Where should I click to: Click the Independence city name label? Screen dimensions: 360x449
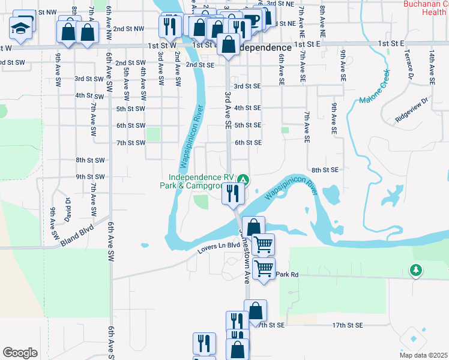[x=265, y=47]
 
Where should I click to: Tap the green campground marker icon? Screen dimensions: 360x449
[x=243, y=179]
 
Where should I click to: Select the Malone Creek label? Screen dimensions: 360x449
[x=375, y=89]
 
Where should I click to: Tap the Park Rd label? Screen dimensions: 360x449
[x=288, y=274]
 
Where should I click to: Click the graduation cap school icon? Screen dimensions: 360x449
[x=22, y=28]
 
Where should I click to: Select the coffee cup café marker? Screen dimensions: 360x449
[x=252, y=20]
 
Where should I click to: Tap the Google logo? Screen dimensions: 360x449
[x=20, y=352]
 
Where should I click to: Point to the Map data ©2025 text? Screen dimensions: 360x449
[x=423, y=355]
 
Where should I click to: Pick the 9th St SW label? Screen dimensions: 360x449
[x=90, y=176]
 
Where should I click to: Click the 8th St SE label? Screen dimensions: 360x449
[x=325, y=170]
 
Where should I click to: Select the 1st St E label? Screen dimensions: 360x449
[x=391, y=44]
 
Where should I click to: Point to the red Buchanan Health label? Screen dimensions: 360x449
[x=426, y=8]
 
